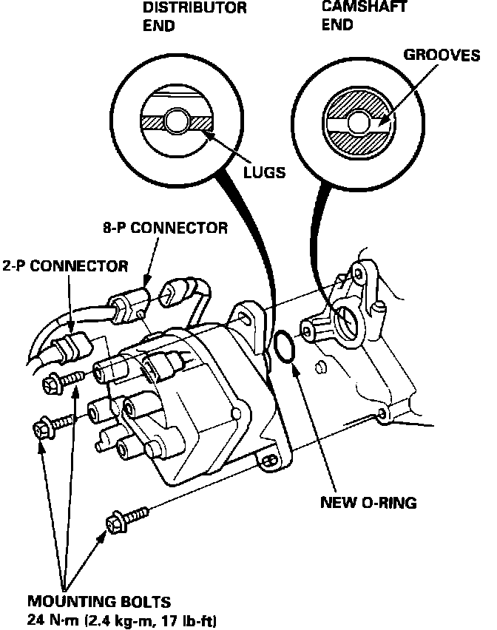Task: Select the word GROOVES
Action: [x=442, y=55]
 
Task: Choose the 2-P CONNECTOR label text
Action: [x=64, y=265]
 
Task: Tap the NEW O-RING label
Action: [x=368, y=503]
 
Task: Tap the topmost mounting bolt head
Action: [x=55, y=382]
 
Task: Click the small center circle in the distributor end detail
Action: [x=177, y=120]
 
